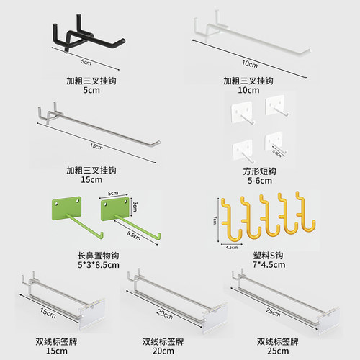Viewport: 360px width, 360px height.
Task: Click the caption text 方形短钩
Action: point(259,171)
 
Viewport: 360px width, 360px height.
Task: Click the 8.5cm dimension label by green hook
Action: point(132,235)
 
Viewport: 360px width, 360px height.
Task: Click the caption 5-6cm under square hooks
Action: point(259,181)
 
